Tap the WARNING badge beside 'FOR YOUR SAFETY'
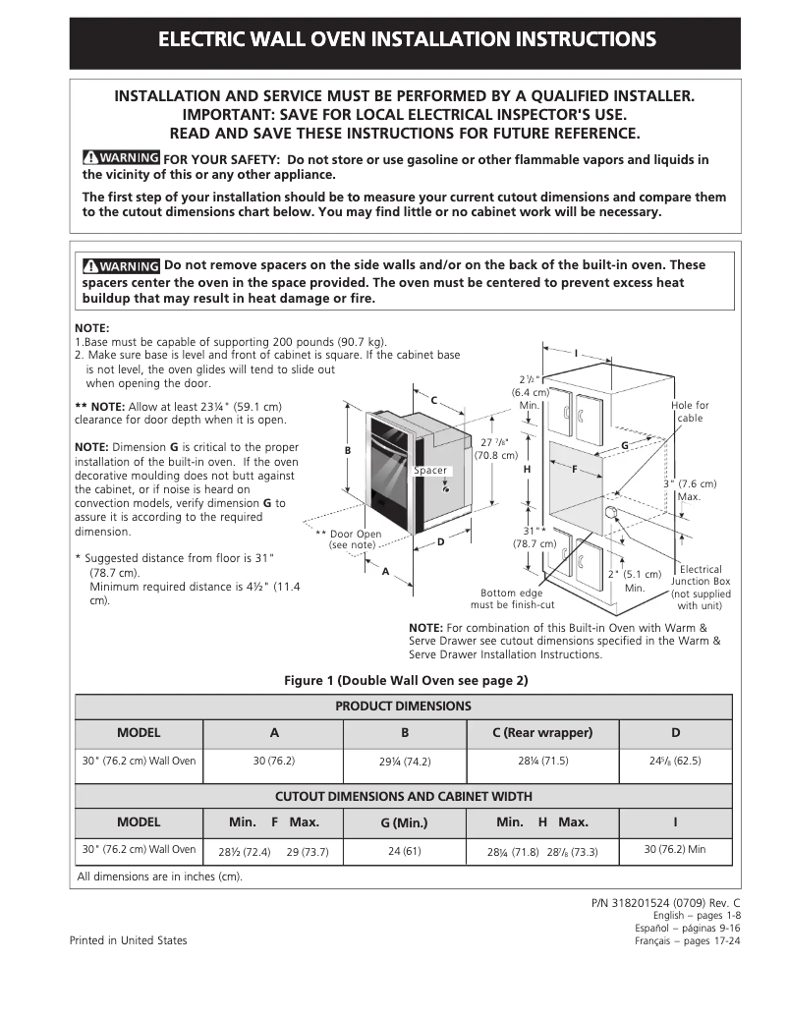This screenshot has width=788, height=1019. coord(121,158)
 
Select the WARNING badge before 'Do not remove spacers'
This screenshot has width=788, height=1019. coord(121,265)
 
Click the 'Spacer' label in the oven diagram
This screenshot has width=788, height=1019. coord(430,471)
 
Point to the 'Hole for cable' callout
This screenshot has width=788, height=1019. coord(690,412)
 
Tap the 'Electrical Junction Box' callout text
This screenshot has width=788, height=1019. coord(701,588)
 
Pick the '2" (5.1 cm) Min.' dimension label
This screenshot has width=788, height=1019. coord(634,581)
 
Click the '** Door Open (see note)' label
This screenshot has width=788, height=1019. coord(349,539)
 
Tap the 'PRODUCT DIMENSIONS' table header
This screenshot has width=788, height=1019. coord(403,707)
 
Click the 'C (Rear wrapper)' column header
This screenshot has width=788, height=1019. coord(542,733)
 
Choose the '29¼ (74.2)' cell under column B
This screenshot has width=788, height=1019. coord(405,762)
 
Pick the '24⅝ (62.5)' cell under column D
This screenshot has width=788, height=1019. coord(675,761)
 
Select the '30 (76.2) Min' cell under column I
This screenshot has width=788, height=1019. coord(675,849)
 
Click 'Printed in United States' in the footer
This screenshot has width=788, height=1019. coord(128,940)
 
